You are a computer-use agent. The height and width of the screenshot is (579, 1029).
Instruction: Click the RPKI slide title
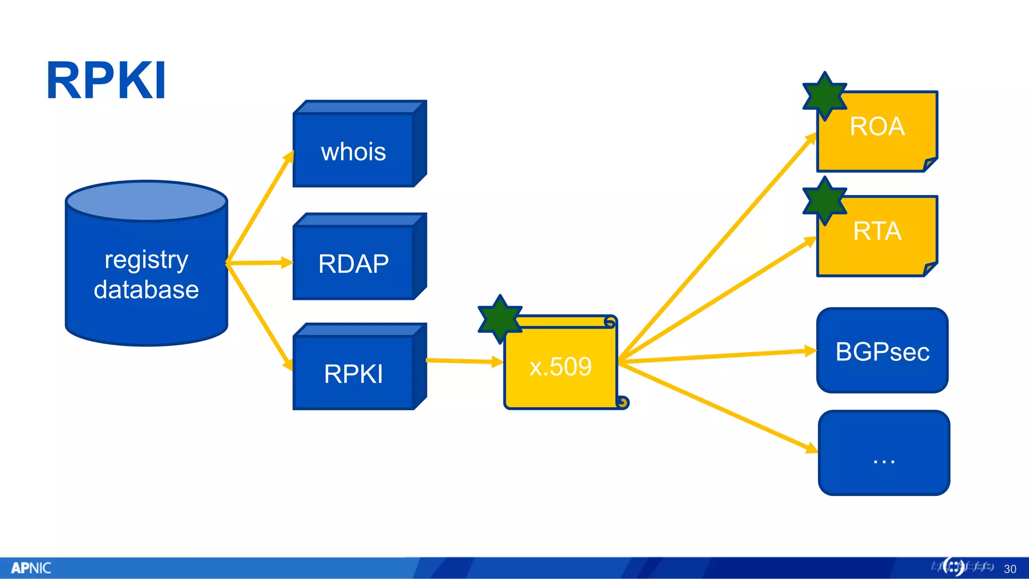(106, 80)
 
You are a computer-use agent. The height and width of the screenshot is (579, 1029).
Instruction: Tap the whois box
(353, 151)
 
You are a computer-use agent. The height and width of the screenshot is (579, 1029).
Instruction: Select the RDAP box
(353, 263)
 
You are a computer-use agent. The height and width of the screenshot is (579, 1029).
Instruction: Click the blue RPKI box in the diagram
(353, 373)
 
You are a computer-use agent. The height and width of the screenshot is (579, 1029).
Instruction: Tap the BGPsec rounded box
(882, 351)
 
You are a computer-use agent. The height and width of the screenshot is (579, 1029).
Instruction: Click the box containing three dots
(884, 453)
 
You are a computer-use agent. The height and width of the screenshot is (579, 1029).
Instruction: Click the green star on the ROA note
(825, 95)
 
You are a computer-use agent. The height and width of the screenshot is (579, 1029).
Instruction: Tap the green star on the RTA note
(825, 201)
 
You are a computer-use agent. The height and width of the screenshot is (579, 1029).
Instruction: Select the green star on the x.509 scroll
(500, 319)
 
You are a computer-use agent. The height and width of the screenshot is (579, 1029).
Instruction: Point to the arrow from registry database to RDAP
(259, 262)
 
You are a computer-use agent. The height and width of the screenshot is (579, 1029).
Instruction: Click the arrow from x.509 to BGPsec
(718, 356)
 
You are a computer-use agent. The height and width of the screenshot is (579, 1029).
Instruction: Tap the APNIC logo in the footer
(31, 568)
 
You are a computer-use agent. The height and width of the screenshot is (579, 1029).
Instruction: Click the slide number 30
(1010, 569)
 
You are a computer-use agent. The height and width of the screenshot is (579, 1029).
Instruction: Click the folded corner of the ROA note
(930, 164)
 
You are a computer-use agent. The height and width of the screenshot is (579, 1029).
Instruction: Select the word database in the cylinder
(146, 289)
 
